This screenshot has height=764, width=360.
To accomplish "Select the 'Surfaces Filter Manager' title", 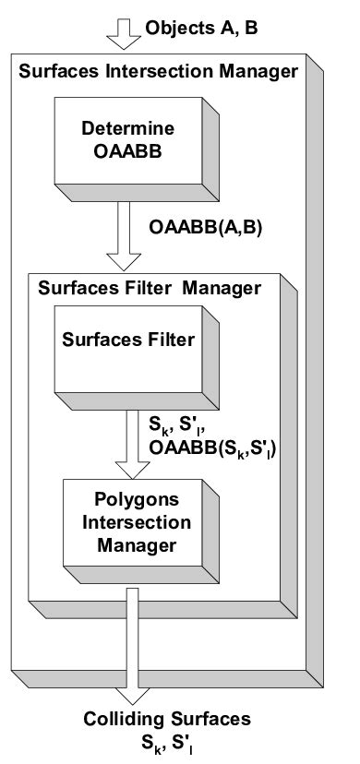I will click(x=150, y=288).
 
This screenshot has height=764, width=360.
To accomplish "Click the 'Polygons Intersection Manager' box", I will click(x=128, y=522).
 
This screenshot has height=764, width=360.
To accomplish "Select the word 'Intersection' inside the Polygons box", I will click(x=130, y=523).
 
